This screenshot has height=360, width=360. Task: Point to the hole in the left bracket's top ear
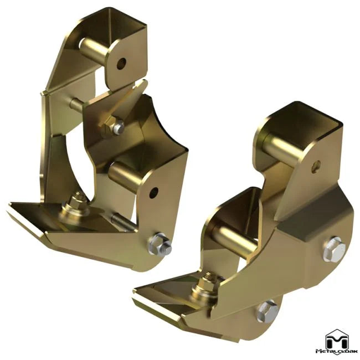(121, 63)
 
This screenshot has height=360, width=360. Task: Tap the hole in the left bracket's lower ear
(153, 192)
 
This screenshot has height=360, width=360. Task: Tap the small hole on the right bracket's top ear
(316, 164)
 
